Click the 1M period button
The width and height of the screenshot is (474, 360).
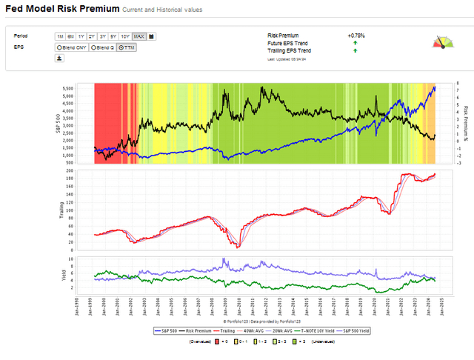coord(59,36)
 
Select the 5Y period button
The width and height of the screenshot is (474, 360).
coord(113,36)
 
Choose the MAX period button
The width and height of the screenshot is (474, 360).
coord(138,36)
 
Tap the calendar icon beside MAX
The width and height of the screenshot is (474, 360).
coord(151,36)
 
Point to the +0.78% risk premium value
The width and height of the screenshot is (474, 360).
coord(355,35)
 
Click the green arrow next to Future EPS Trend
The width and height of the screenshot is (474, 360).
coord(355,43)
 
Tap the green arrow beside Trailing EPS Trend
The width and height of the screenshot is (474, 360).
coord(355,50)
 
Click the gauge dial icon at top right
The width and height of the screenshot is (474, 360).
coord(443,42)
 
